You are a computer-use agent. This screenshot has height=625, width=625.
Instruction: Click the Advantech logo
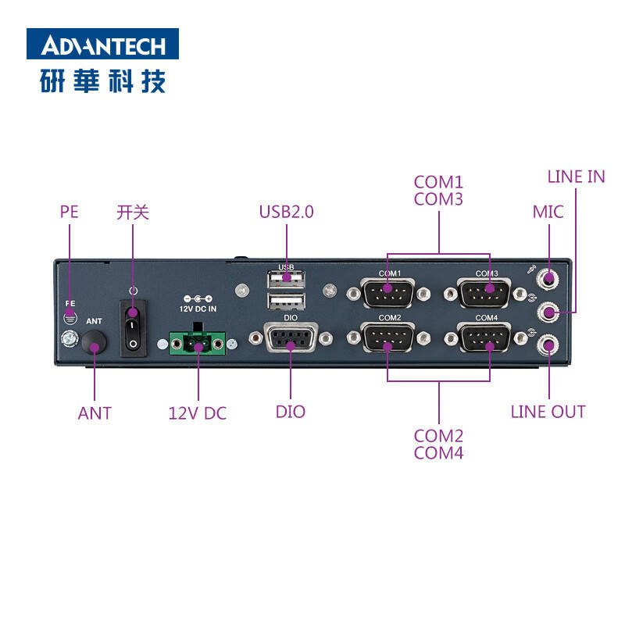102,44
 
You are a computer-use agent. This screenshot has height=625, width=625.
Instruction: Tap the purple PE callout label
70,212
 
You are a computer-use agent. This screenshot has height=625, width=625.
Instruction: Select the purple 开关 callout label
132,212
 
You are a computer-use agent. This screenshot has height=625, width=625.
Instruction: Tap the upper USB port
287,280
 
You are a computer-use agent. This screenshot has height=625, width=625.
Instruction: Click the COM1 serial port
389,294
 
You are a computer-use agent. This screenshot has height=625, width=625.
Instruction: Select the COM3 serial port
487,294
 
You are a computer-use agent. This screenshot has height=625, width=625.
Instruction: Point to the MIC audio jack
549,278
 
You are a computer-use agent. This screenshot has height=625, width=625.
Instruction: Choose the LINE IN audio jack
549,312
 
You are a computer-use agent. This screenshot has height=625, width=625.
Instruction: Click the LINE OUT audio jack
549,345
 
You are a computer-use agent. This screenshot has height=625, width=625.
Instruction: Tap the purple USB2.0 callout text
287,212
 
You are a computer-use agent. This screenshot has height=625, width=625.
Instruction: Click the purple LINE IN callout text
576,177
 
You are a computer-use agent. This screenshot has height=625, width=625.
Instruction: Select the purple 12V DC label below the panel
198,413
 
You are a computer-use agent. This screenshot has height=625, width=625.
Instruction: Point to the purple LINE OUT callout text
548,412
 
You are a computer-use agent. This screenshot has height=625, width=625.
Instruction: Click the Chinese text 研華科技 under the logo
102,81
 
